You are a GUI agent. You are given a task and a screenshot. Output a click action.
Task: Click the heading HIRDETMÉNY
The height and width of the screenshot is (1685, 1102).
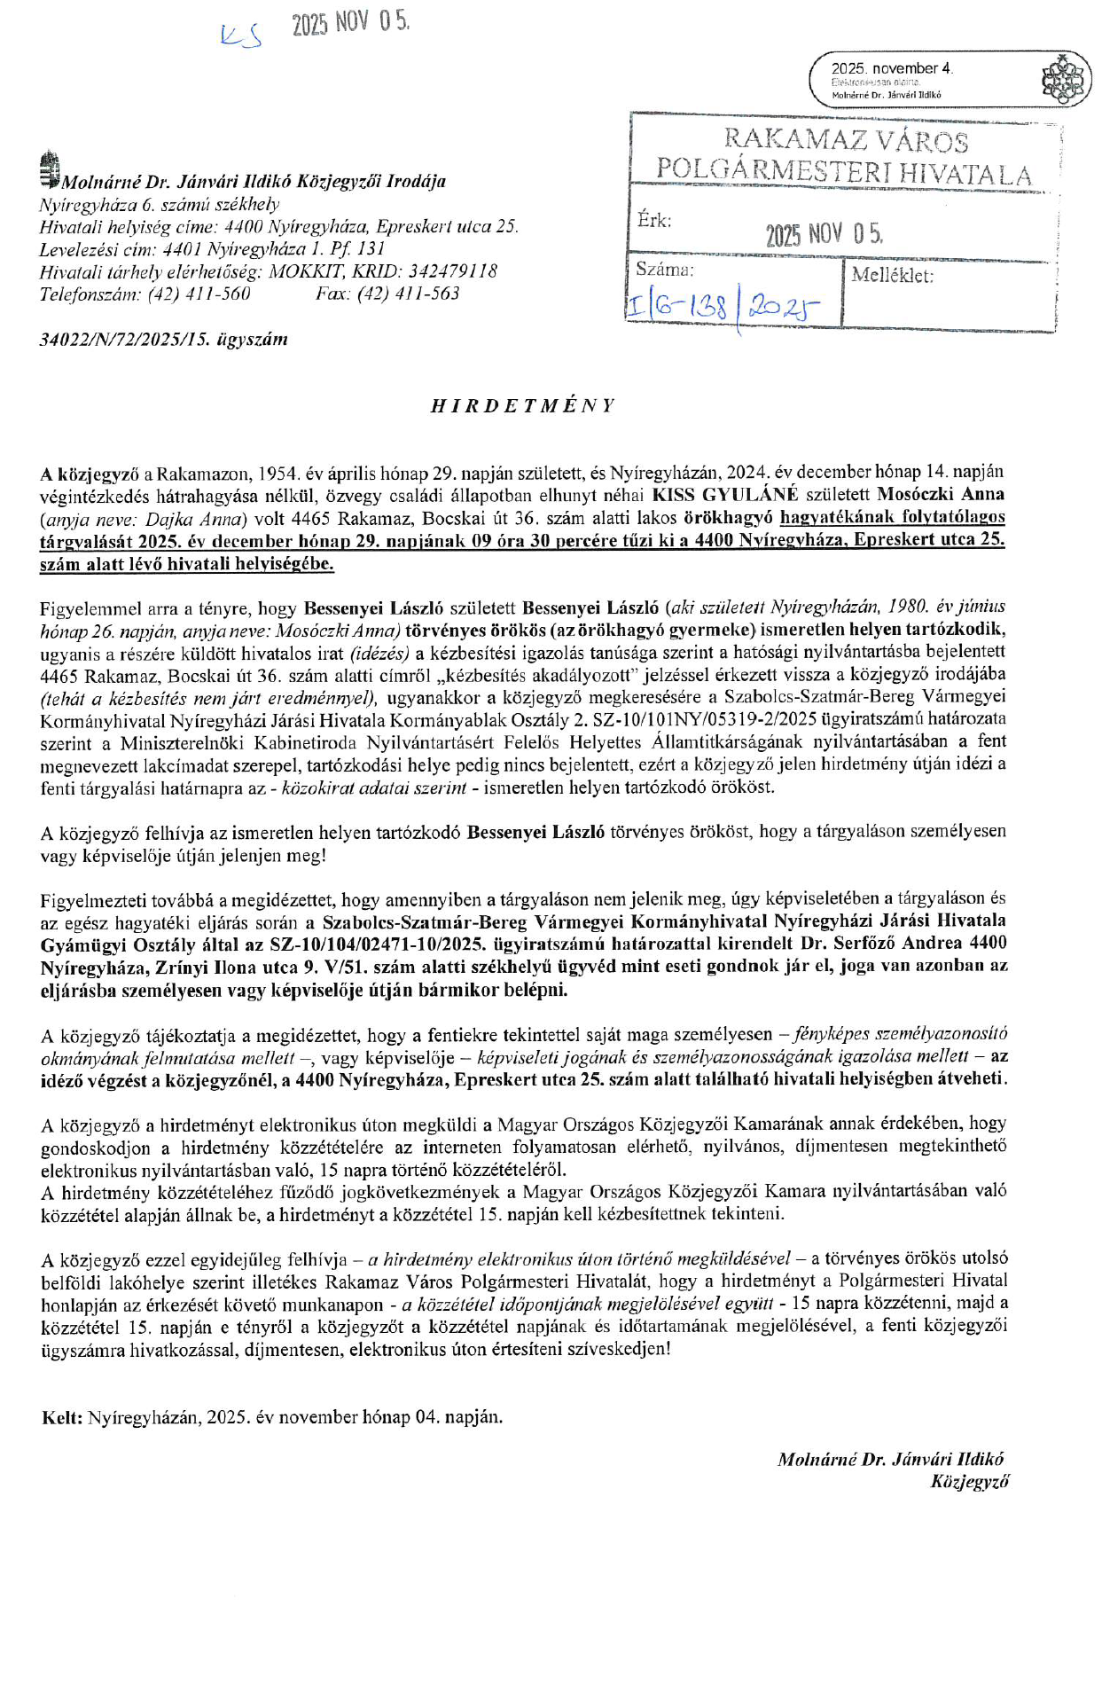(x=522, y=406)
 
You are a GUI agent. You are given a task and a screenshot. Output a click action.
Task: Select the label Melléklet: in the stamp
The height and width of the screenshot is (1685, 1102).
(x=892, y=275)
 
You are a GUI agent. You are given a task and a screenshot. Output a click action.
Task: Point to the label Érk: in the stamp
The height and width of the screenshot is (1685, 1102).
(x=654, y=220)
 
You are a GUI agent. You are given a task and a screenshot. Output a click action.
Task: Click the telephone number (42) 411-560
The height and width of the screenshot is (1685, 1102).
(x=199, y=294)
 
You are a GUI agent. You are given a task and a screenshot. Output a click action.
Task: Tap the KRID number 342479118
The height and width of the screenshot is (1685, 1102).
(x=441, y=271)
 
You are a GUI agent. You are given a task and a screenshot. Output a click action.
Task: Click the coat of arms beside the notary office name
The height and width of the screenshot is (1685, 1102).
(x=50, y=171)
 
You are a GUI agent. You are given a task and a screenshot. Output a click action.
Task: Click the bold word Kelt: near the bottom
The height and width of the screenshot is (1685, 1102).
(x=62, y=1416)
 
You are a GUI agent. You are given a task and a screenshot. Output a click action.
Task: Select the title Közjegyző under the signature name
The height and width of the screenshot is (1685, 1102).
(x=969, y=1482)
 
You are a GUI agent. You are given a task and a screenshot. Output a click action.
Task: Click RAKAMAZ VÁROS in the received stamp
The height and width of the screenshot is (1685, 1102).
(x=846, y=140)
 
